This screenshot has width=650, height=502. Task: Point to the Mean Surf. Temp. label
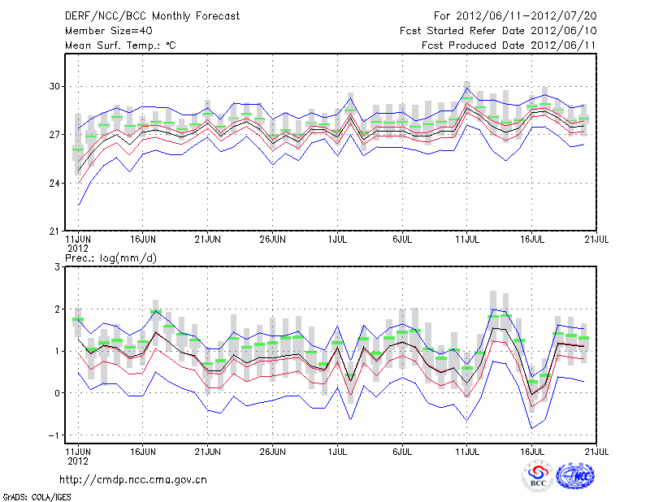click(x=120, y=45)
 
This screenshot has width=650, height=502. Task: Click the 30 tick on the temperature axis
click(x=56, y=86)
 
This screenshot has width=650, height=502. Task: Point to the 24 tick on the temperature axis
click(x=56, y=184)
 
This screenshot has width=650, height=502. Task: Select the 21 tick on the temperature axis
click(x=56, y=232)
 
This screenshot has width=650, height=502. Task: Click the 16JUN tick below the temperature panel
click(x=143, y=240)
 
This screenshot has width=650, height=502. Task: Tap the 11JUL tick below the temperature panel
click(x=467, y=240)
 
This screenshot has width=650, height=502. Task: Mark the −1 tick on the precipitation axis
click(x=57, y=435)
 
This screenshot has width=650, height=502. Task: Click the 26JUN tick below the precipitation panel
click(x=273, y=447)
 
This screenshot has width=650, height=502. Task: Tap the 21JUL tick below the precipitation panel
click(x=597, y=447)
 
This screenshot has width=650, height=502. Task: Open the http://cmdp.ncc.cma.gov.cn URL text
click(x=133, y=479)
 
